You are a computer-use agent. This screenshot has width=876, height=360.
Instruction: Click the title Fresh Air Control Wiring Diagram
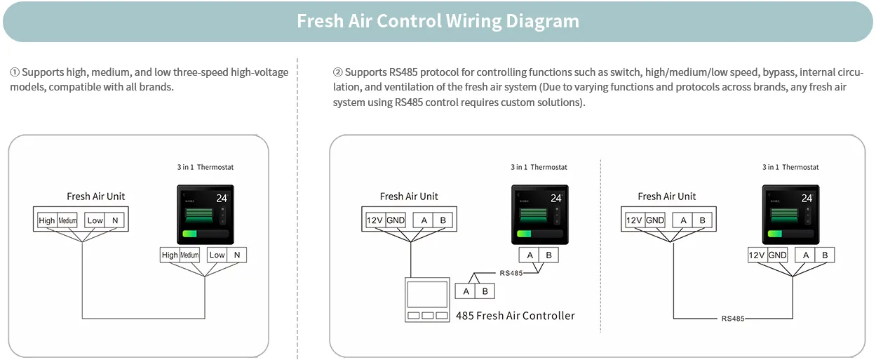coord(438,21)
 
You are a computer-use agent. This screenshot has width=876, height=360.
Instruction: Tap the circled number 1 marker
coord(15,72)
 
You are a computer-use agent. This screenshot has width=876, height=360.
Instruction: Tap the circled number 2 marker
coord(337,72)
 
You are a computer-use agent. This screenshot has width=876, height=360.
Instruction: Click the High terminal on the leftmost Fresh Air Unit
coord(47,220)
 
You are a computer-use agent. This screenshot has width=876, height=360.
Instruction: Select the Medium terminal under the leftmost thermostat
coord(190,255)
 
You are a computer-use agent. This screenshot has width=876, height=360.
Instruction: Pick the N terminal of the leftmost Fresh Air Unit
coord(115,220)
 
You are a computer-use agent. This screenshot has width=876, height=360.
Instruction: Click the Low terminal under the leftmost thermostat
coord(217,255)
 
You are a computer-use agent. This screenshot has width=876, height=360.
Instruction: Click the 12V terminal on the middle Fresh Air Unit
coord(375,220)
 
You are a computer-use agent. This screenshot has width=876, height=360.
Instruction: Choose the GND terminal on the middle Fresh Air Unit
coord(396,220)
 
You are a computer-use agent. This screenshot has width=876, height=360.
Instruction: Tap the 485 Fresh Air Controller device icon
coord(427,300)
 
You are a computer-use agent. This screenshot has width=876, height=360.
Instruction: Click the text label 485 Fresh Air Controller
coord(515,316)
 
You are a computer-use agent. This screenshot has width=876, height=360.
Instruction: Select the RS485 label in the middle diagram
coord(511,273)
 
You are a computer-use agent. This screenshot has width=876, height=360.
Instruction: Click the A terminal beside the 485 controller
coord(466,291)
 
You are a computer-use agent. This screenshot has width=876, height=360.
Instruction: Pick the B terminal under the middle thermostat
coord(548,255)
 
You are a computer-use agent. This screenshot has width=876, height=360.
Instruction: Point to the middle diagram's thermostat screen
coord(539,214)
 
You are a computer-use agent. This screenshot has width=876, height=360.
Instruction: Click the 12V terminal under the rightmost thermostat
coord(757,255)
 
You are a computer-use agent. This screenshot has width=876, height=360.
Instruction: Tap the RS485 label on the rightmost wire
coord(733,319)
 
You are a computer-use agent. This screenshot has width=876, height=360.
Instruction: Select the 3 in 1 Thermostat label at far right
coord(790,167)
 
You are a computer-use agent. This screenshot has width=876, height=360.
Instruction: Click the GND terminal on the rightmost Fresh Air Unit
coord(655,220)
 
